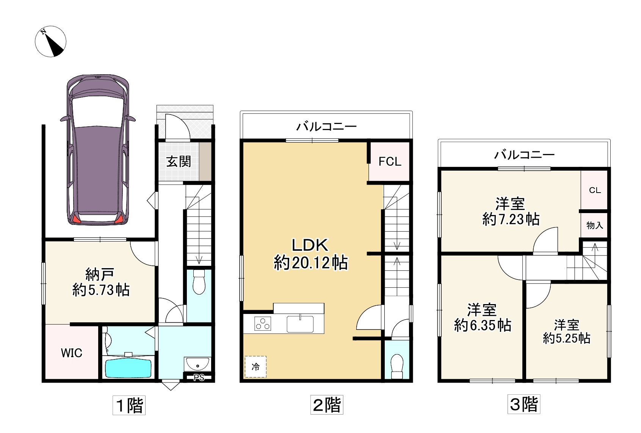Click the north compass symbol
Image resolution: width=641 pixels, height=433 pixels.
tap(51, 41)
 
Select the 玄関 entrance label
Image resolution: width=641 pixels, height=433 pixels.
tap(179, 162)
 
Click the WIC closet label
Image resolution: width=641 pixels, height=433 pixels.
tap(72, 353)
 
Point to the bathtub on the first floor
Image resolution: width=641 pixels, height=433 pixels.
tap(128, 369)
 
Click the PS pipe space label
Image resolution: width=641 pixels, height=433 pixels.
tap(199, 378)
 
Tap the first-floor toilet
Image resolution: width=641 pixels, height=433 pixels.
tap(199, 282)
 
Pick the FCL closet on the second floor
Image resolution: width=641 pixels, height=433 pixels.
tap(389, 162)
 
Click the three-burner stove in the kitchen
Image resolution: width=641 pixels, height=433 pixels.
tap(262, 324)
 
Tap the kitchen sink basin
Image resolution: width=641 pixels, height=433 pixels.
tap(300, 324)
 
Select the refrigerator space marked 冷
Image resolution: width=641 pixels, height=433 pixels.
tap(255, 367)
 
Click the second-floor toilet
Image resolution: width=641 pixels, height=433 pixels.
tap(397, 367)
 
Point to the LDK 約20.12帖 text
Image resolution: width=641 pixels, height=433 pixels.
tap(310, 254)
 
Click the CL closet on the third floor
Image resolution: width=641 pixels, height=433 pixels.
tap(594, 190)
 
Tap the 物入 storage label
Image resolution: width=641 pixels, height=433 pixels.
tap(595, 225)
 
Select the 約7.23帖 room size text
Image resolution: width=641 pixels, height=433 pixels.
tap(511, 219)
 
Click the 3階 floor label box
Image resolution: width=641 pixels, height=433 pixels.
tap(523, 404)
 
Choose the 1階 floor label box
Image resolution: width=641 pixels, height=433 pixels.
tap(129, 405)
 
